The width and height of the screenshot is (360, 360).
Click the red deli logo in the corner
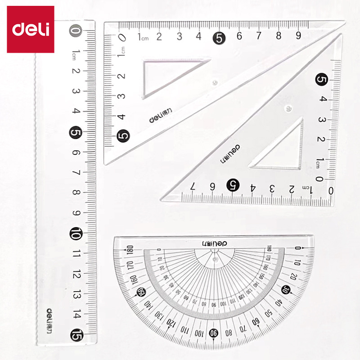(31, 29)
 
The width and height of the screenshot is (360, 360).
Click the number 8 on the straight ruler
(76, 193)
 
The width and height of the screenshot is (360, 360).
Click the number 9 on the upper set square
(298, 36)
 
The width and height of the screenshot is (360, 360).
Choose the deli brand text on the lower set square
(229, 153)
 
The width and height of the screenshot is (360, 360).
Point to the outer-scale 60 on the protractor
(256, 323)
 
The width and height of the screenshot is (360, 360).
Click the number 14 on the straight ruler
(76, 314)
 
